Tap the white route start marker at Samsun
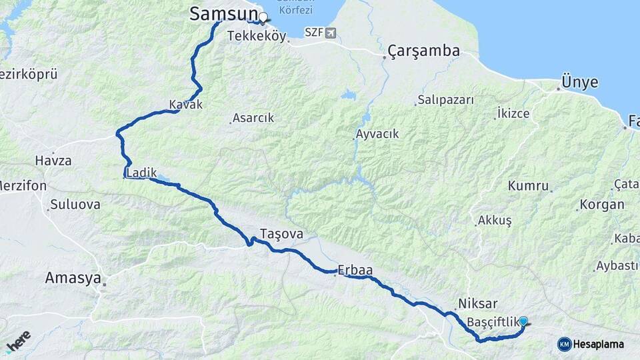263,17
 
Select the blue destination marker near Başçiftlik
523,321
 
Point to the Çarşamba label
424,51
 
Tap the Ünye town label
580,83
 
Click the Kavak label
185,105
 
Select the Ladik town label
141,173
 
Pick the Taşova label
281,234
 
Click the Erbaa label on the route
355,270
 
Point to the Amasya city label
73,278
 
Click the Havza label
53,161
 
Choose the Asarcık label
253,118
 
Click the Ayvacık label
377,134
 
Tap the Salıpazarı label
445,100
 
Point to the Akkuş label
495,220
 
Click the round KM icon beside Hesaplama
564,344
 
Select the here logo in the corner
17,341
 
